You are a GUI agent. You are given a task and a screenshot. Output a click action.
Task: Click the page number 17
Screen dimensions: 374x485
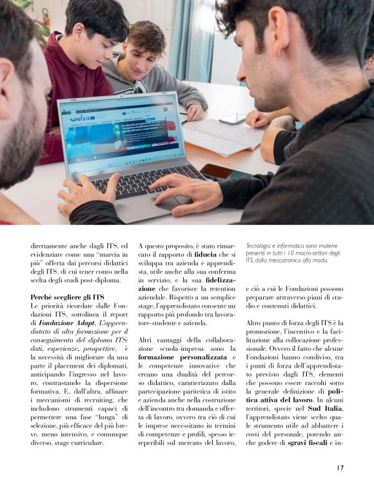[339, 468]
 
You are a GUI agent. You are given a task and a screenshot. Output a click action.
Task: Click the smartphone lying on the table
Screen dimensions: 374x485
[232, 118]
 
